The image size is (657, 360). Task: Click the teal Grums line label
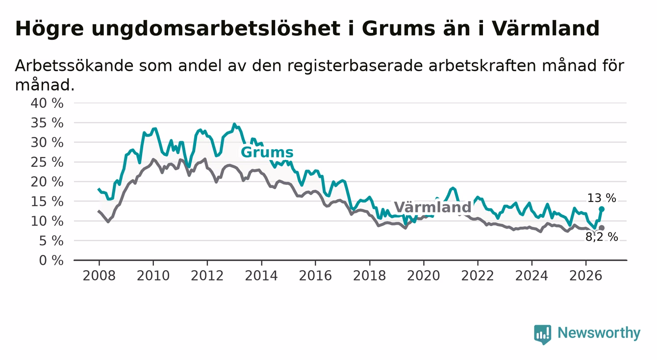pyautogui.click(x=267, y=152)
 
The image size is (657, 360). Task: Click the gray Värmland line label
pyautogui.click(x=432, y=207)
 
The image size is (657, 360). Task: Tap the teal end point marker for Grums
pyautogui.click(x=602, y=209)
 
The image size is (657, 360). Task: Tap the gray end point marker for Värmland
pyautogui.click(x=602, y=228)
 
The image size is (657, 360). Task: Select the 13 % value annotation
pyautogui.click(x=602, y=198)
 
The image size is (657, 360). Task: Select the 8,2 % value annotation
pyautogui.click(x=602, y=237)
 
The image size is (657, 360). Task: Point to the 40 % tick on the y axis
pyautogui.click(x=47, y=103)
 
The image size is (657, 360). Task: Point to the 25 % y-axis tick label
pyautogui.click(x=47, y=162)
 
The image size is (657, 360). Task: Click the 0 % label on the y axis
pyautogui.click(x=51, y=260)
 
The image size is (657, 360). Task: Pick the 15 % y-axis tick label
pyautogui.click(x=47, y=201)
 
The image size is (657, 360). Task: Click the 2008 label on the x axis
pyautogui.click(x=99, y=276)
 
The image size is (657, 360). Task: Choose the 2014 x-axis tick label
pyautogui.click(x=261, y=276)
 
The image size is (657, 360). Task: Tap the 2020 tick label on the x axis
pyautogui.click(x=424, y=276)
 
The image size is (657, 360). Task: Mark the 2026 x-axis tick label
pyautogui.click(x=586, y=276)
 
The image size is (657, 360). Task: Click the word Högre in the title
pyautogui.click(x=50, y=29)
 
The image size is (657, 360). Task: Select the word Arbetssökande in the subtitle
pyautogui.click(x=74, y=65)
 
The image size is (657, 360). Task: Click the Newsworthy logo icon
pyautogui.click(x=542, y=334)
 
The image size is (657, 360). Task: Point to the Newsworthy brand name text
pyautogui.click(x=599, y=334)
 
